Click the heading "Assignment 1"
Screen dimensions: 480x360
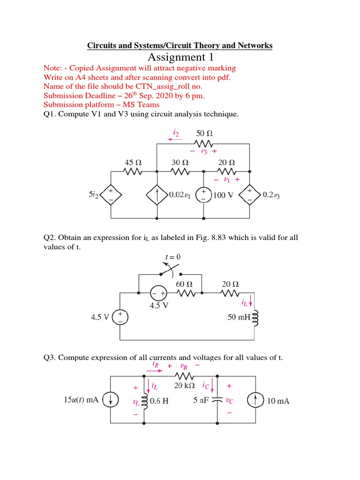[180, 57]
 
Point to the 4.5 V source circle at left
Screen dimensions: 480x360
[120, 317]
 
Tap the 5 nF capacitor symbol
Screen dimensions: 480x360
[217, 401]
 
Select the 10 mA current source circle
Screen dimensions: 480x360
[255, 401]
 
